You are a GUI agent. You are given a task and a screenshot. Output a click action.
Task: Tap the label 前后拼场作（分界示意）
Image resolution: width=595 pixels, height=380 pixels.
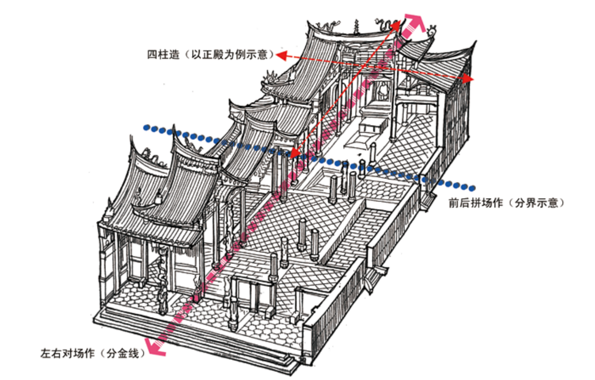[506, 202]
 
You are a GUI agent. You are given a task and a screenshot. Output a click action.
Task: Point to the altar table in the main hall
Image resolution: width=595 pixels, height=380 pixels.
[372, 127]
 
